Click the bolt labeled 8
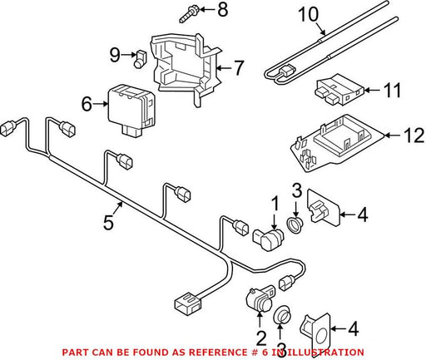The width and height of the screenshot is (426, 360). click(189, 15)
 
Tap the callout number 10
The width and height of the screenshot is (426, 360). click(308, 14)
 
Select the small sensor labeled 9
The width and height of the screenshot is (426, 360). click(140, 59)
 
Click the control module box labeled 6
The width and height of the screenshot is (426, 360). click(131, 110)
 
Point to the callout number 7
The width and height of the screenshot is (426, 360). click(238, 68)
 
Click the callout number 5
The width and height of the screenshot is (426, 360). click(108, 222)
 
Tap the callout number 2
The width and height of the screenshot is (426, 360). click(261, 338)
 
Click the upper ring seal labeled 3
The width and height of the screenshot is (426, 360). click(295, 225)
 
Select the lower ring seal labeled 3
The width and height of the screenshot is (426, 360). click(282, 315)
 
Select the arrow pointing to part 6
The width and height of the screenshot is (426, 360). click(101, 104)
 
